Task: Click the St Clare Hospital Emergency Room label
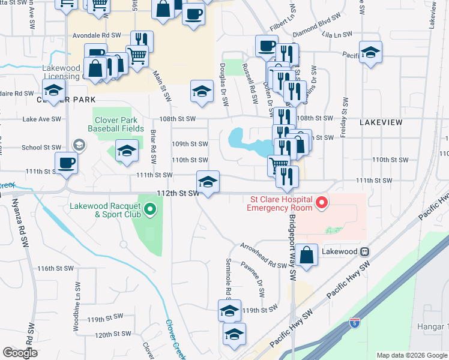pos(280,203)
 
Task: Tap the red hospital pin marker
pos(321,203)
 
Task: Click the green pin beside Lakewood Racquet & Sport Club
pos(149,209)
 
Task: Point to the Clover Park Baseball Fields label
pos(116,124)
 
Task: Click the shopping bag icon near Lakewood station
pos(306,254)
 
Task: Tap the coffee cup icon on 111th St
pos(66,162)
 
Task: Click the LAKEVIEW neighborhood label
pos(381,122)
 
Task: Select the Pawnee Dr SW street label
pos(259,282)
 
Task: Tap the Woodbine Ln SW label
pos(76,295)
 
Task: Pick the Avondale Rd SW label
pos(97,36)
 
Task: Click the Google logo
pos(20,353)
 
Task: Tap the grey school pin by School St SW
pos(78,146)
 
